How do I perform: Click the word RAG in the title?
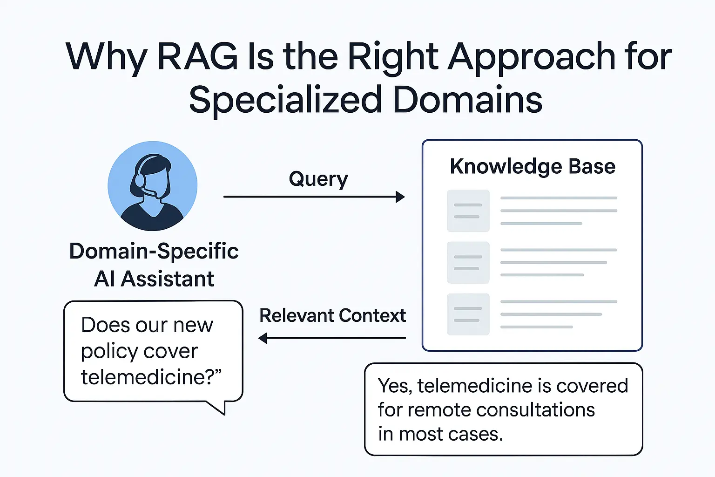198,57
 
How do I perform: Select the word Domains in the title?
467,100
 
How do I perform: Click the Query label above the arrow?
318,179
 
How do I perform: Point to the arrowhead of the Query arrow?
400,197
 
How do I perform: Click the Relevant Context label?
332,315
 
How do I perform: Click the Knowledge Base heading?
533,166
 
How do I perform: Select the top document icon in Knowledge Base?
468,211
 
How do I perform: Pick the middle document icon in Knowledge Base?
468,263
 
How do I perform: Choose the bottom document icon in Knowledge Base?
468,314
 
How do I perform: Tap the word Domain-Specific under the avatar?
154,251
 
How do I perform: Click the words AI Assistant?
154,279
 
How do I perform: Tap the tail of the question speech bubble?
219,408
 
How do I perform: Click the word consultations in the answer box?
535,410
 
